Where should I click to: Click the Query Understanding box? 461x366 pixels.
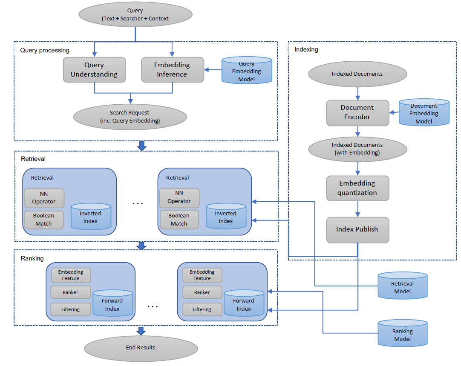tap(94, 70)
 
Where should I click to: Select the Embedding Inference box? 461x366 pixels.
tap(172, 70)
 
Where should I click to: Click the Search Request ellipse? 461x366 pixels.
tap(130, 117)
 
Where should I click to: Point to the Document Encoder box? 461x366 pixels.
tap(357, 113)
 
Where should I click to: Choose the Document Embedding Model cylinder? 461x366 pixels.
tap(424, 113)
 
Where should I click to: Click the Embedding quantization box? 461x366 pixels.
tap(357, 188)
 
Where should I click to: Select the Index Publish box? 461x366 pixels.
tap(357, 230)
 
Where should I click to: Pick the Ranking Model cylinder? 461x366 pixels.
tap(402, 335)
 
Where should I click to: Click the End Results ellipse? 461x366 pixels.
tap(141, 348)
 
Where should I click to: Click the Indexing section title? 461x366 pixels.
tap(306, 50)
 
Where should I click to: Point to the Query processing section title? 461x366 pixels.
tap(45, 50)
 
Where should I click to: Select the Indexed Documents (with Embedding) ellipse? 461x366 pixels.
tap(357, 149)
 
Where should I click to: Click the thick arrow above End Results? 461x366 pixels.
tap(141, 331)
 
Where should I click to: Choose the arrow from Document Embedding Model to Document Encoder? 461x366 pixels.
tap(395, 113)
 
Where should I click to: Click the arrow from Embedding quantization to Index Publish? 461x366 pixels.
tap(357, 209)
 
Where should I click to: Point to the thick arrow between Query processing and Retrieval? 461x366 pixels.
tap(142, 146)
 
